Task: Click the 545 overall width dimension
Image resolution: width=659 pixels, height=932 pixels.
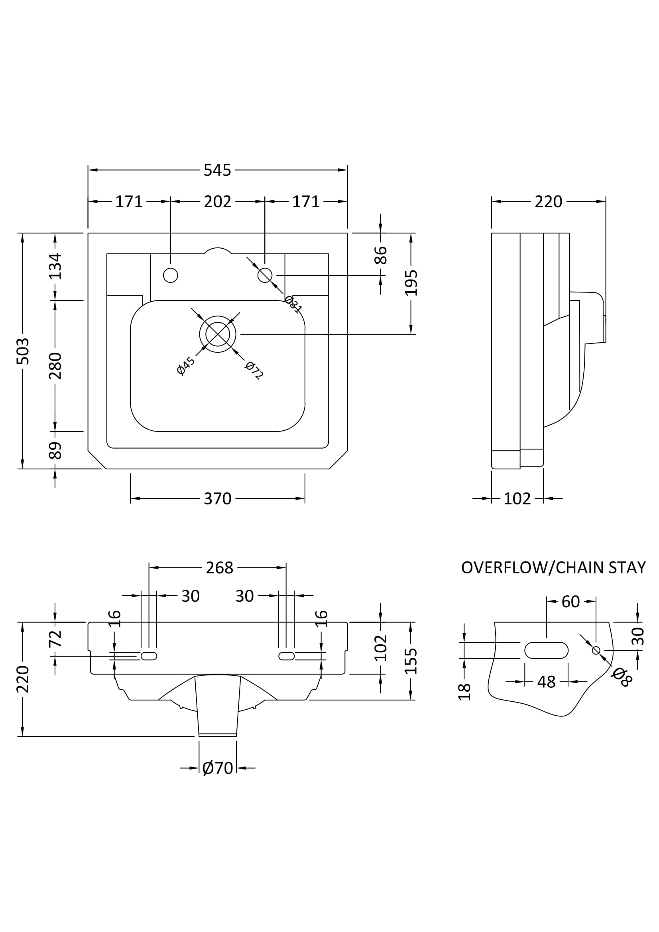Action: (217, 170)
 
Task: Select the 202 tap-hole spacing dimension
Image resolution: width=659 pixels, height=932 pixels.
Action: (217, 201)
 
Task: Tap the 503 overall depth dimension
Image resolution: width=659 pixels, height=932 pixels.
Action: (23, 351)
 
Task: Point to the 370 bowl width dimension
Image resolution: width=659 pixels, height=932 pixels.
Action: (217, 498)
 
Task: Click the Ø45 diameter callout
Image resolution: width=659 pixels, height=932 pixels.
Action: (186, 366)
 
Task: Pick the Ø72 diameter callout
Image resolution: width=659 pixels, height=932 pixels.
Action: (254, 370)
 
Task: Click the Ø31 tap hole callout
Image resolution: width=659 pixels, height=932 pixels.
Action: (293, 304)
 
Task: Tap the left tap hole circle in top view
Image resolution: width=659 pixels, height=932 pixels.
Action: (171, 275)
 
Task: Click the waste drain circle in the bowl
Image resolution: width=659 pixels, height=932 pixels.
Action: (218, 334)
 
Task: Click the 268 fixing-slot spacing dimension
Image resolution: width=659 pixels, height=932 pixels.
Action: (219, 568)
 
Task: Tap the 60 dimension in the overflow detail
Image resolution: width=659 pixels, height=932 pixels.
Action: (570, 602)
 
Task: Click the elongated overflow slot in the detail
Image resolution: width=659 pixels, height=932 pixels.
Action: (546, 650)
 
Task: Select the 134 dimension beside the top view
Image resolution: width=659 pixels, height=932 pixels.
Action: (56, 266)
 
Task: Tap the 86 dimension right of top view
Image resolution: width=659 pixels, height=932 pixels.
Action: (381, 255)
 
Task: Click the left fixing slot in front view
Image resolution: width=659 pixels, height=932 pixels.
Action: (149, 656)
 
